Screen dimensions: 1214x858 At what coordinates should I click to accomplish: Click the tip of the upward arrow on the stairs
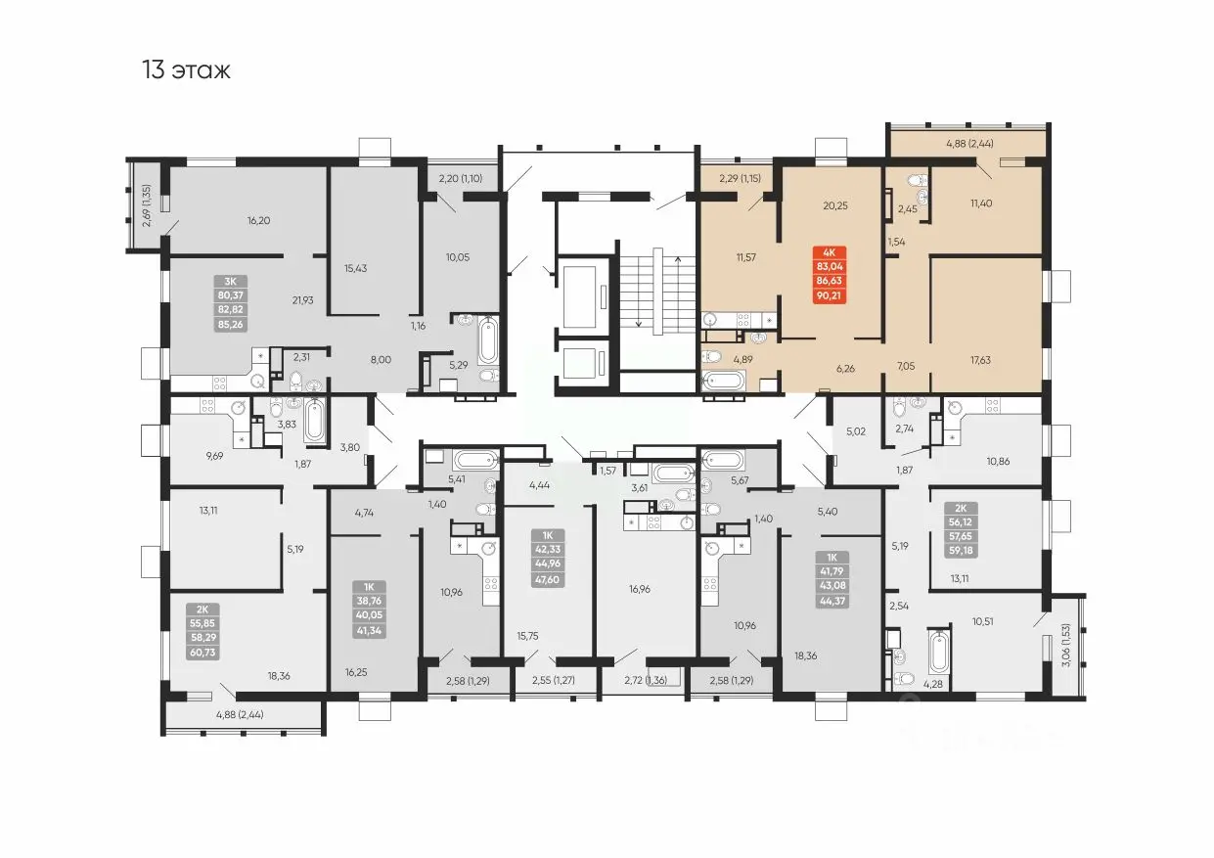tap(677, 257)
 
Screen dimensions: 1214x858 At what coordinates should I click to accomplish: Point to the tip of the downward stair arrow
tap(639, 327)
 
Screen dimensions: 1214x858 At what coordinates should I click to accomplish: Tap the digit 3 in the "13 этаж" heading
tap(157, 69)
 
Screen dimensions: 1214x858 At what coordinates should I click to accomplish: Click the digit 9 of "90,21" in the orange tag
tap(820, 295)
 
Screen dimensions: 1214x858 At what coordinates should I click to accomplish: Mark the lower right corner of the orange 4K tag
tap(846, 304)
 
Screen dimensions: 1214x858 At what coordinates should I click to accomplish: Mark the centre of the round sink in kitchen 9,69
tap(238, 408)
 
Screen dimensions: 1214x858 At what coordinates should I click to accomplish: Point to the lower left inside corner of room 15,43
tap(332, 312)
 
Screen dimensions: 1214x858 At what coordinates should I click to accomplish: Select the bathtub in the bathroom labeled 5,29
tap(488, 340)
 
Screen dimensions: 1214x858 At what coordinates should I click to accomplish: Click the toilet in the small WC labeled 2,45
tap(918, 181)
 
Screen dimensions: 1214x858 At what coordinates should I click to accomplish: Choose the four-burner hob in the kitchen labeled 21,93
tap(219, 383)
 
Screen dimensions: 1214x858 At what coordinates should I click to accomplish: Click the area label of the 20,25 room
tap(835, 205)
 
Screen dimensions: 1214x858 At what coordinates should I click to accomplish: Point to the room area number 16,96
tap(640, 589)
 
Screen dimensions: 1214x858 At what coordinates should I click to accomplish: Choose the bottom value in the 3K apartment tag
tap(230, 325)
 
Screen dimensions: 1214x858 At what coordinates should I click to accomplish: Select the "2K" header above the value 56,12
tap(961, 509)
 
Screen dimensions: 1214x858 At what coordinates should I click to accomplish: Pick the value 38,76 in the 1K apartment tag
tap(369, 601)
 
